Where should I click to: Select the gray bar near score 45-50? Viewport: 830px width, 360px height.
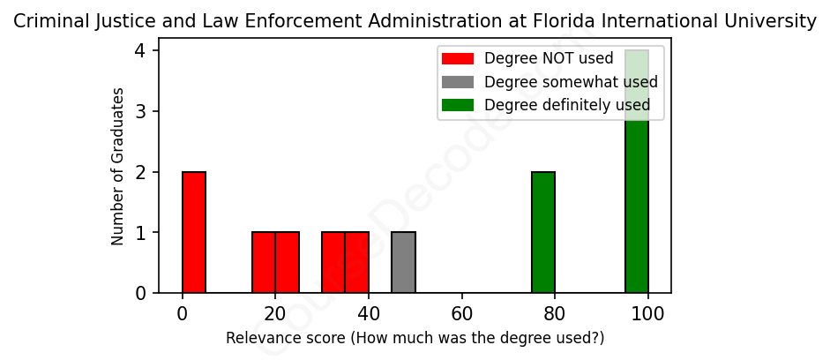coord(403,262)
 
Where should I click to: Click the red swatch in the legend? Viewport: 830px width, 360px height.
coord(458,59)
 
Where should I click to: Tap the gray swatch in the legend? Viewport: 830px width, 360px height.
coord(458,82)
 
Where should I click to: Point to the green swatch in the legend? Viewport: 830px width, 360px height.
coord(458,105)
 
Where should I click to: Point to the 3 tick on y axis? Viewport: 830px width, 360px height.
coord(141,111)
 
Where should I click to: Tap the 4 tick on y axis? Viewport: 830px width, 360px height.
coord(141,51)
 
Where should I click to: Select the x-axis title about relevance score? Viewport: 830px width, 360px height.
coord(415,338)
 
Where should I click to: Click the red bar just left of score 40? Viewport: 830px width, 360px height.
coord(356,262)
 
